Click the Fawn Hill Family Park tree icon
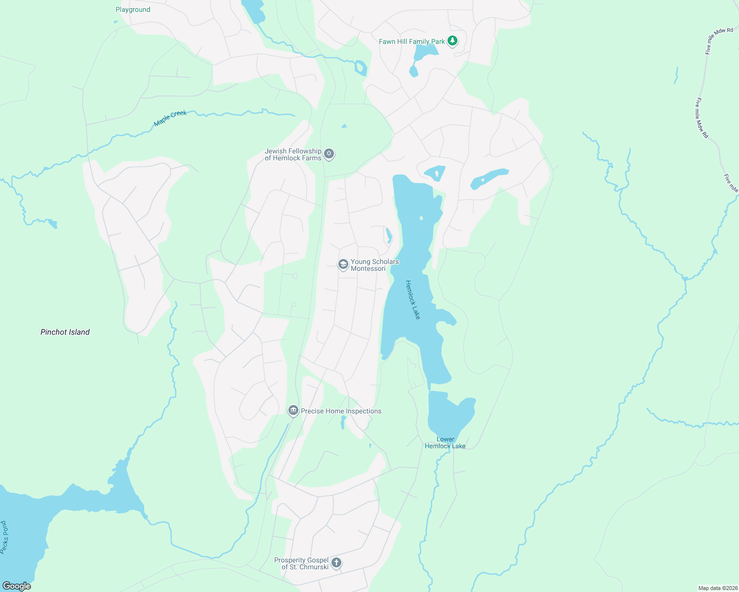tap(452, 41)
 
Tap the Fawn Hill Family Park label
tap(411, 41)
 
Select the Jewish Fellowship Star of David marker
tap(329, 154)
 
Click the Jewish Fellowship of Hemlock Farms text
tap(293, 154)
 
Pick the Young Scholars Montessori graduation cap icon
tap(343, 264)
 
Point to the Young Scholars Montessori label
tap(374, 265)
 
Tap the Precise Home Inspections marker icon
tap(293, 410)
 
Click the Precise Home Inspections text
tap(341, 411)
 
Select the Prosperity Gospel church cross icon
tap(336, 562)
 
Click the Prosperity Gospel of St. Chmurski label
tap(301, 563)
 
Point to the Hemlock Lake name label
tap(412, 299)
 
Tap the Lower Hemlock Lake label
tap(445, 443)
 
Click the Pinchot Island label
tap(65, 332)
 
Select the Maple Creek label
tap(170, 118)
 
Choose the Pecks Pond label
tap(4, 537)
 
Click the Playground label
tap(133, 9)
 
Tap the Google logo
tap(17, 586)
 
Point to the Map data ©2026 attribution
tap(716, 588)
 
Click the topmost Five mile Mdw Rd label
tap(719, 41)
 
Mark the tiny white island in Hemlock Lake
tap(421, 218)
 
